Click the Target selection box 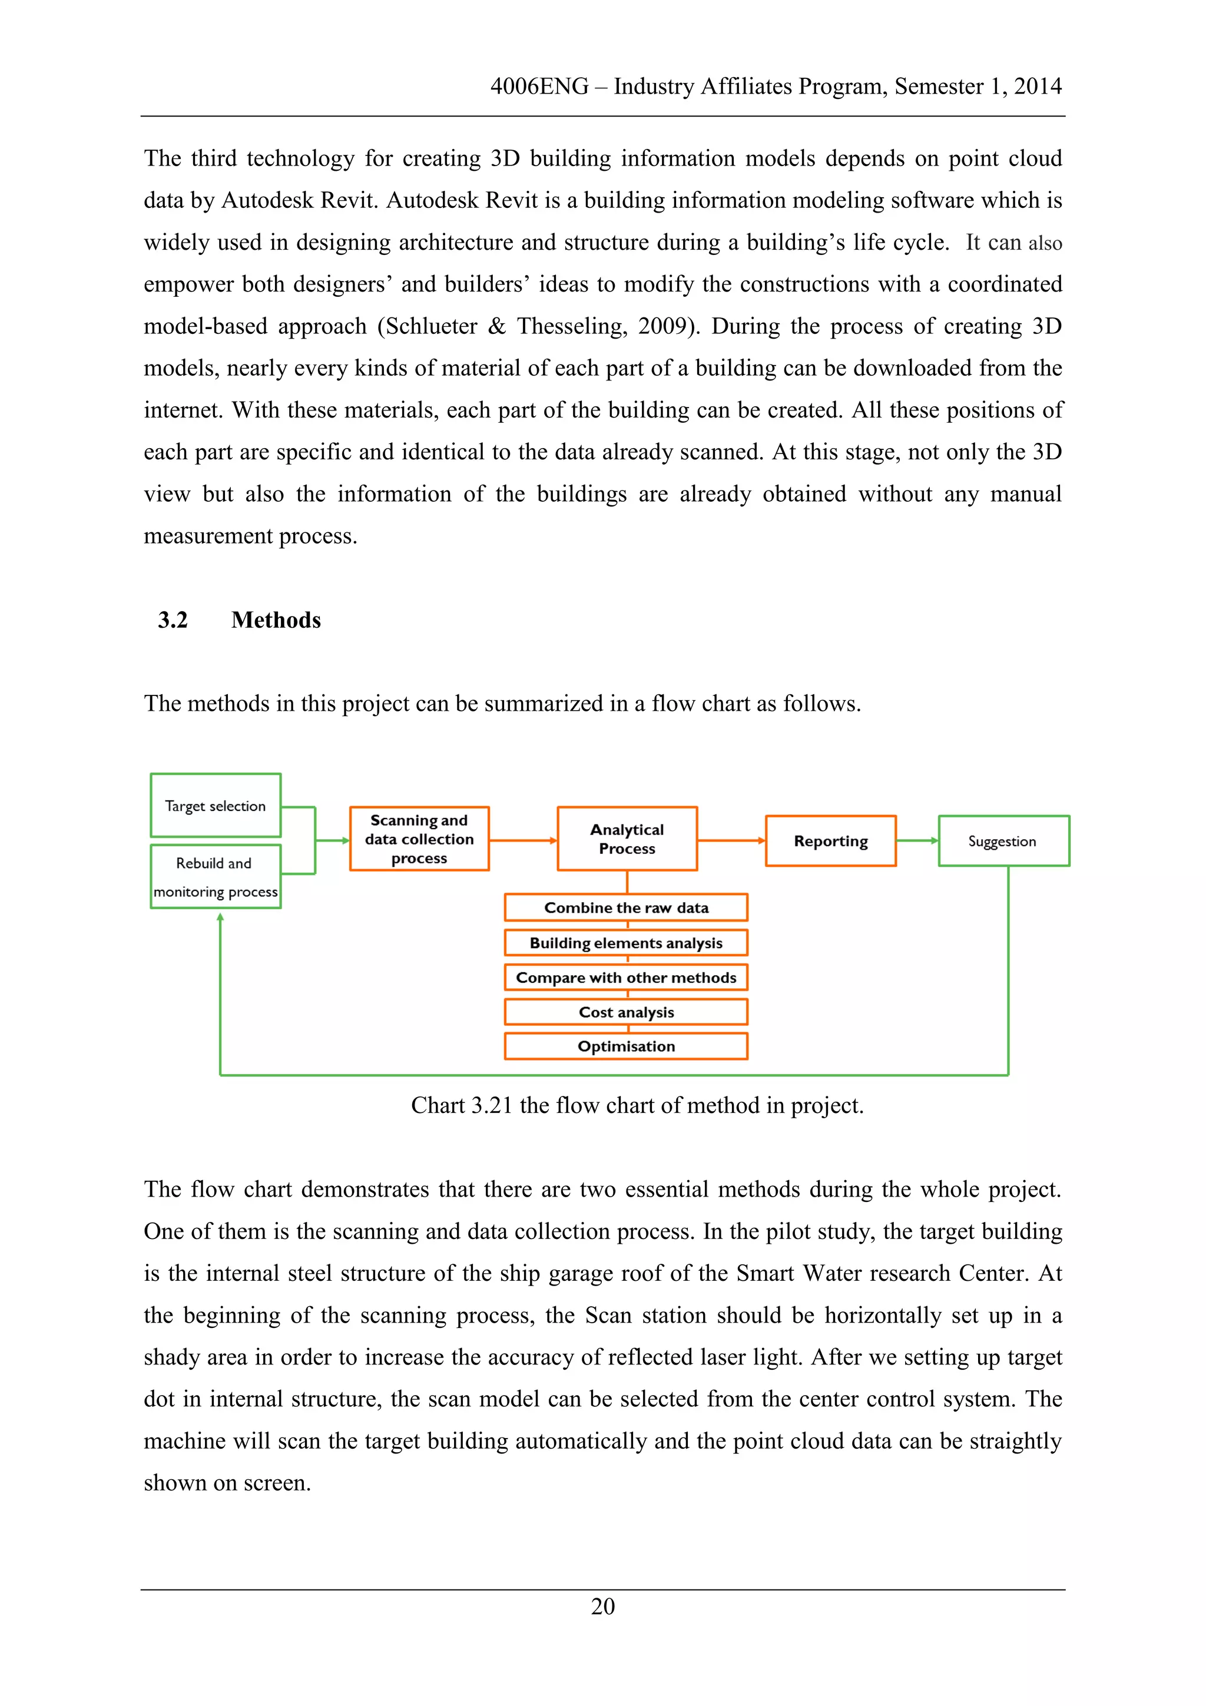[216, 806]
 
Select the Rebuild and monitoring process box [216, 877]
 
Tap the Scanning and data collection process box [419, 839]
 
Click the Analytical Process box [627, 839]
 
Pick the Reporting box [831, 841]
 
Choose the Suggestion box [1003, 841]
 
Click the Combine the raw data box [627, 907]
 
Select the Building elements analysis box [627, 943]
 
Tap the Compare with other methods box [627, 978]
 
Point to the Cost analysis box [627, 1012]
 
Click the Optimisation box [627, 1046]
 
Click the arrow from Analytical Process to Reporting [731, 840]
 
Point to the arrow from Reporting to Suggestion [917, 840]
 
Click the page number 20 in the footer [602, 1606]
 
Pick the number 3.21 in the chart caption [492, 1105]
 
